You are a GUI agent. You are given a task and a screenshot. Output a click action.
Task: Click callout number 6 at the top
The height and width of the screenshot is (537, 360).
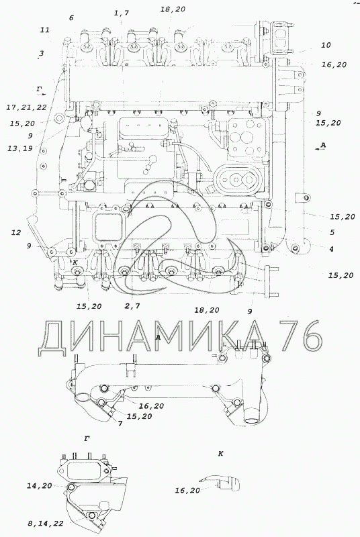(x=71, y=18)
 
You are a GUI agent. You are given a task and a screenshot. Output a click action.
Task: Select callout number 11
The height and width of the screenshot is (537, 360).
(x=45, y=30)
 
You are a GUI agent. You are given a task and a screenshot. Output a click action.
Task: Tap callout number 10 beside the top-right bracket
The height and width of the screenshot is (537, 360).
(x=326, y=45)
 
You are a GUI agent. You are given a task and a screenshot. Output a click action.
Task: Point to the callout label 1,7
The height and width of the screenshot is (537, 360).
(x=122, y=13)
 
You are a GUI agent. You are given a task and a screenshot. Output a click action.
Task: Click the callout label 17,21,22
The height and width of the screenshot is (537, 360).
(x=26, y=107)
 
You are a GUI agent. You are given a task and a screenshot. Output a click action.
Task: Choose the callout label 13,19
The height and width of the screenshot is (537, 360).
(x=21, y=148)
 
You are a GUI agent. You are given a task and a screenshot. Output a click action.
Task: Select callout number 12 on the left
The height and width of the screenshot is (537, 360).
(x=16, y=233)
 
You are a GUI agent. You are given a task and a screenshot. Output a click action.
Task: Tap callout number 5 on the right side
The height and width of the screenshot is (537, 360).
(x=332, y=232)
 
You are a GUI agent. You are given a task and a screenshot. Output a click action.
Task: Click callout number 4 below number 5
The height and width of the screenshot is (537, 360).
(x=331, y=249)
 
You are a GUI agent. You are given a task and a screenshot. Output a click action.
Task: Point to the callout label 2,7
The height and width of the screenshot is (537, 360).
(x=132, y=306)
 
